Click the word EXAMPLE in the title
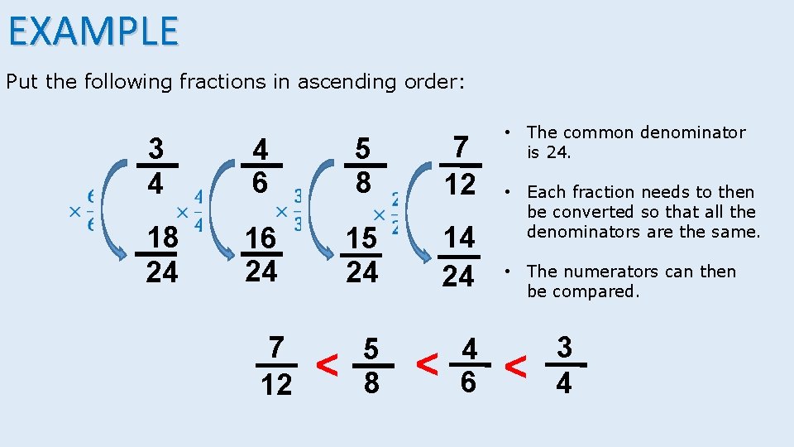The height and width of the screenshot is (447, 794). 93,31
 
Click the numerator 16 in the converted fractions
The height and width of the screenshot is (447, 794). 261,238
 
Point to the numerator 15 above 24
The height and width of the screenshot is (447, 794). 361,238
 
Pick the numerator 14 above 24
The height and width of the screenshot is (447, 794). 458,238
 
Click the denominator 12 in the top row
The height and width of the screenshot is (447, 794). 458,183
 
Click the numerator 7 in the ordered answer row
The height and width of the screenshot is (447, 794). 276,348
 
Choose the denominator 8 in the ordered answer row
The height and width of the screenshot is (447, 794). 372,383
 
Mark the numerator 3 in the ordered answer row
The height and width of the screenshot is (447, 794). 564,347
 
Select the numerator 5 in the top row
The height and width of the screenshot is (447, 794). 362,148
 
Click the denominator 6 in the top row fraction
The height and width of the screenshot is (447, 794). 261,182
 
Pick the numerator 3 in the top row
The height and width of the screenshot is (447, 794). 155,148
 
